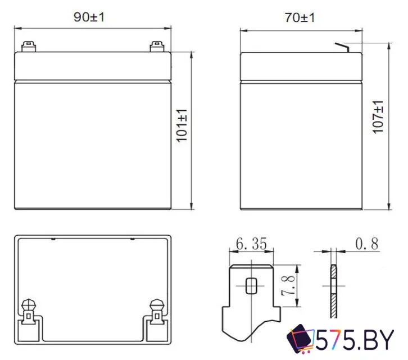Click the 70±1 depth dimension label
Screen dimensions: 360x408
[x=300, y=17]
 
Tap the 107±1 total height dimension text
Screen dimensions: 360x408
[x=378, y=117]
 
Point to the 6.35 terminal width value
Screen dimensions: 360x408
[x=251, y=244]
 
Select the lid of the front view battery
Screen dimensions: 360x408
[x=92, y=65]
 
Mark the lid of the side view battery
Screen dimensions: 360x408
[x=300, y=65]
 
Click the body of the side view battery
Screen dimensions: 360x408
[x=300, y=143]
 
